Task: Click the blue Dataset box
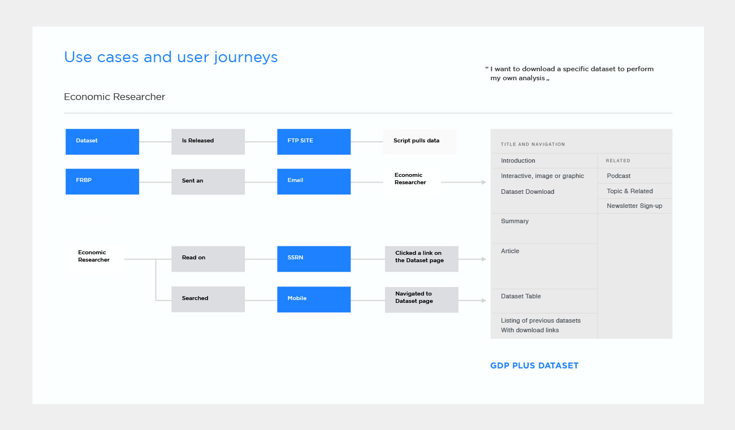point(102,142)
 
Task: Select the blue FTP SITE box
point(314,142)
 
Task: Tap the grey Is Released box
point(208,142)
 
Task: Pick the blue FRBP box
point(102,182)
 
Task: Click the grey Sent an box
point(208,182)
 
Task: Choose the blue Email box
point(314,182)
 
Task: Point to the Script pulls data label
point(416,140)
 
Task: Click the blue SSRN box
point(314,259)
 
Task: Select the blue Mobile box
point(314,299)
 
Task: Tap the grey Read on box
point(208,259)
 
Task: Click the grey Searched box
point(208,299)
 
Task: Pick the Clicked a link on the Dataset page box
point(422,259)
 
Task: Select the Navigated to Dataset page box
point(422,300)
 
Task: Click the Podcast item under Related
point(619,176)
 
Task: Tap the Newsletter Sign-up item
point(634,206)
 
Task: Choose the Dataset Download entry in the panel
point(528,192)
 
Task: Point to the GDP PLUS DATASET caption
point(534,366)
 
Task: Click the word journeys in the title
point(246,58)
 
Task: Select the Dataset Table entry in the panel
point(521,296)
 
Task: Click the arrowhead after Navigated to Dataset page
point(484,301)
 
